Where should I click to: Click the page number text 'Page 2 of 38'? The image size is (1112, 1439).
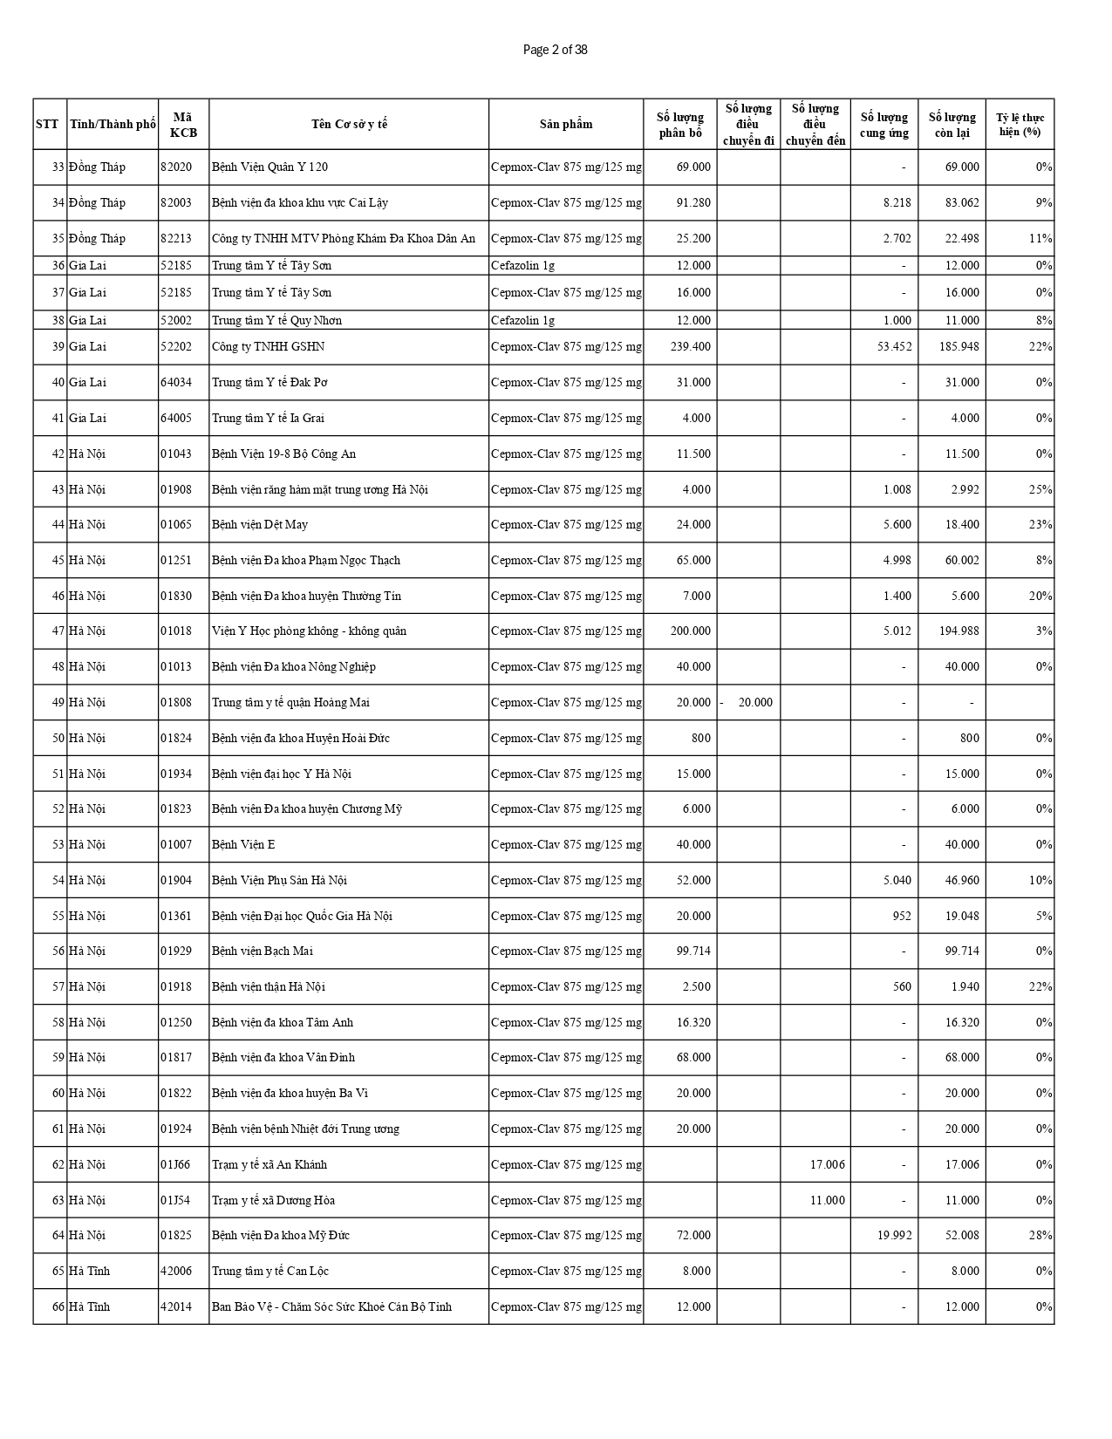[x=555, y=50]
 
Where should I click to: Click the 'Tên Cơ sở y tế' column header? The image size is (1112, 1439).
[x=349, y=124]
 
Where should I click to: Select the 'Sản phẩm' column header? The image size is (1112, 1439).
[x=565, y=124]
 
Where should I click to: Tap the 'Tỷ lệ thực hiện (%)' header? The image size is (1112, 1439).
[x=1020, y=124]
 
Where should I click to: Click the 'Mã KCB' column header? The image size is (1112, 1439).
[x=183, y=124]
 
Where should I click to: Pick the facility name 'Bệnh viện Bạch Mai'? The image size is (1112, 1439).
[x=262, y=951]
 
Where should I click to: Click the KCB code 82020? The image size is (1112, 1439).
[x=175, y=167]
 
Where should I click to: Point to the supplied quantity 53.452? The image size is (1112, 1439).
[x=894, y=346]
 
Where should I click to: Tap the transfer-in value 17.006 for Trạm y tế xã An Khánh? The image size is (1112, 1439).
[x=827, y=1164]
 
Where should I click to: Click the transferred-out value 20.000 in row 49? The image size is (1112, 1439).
[x=754, y=702]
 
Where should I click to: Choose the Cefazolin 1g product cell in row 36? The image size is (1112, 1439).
[x=522, y=265]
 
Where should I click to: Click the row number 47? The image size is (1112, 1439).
[x=58, y=631]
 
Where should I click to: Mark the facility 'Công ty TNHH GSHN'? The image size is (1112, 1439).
[x=268, y=346]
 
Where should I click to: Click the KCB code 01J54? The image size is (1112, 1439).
[x=174, y=1200]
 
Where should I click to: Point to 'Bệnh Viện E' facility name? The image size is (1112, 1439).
[x=243, y=844]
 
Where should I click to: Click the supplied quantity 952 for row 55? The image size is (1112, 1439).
[x=901, y=916]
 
